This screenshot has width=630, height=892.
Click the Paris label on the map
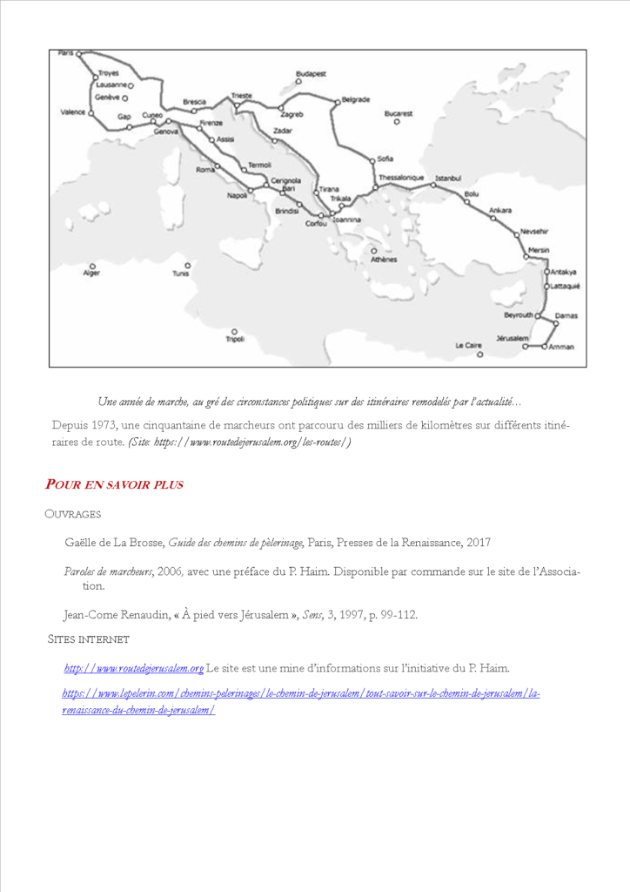click(66, 53)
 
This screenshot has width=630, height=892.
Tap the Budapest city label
click(311, 74)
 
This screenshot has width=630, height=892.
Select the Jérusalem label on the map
click(513, 337)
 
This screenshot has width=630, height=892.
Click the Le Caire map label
click(468, 345)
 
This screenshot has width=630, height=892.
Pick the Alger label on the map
click(91, 273)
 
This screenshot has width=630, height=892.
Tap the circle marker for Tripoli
click(234, 331)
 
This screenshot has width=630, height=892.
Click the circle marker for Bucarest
click(397, 122)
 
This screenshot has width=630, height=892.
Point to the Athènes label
click(384, 260)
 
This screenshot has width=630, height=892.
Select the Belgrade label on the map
click(356, 99)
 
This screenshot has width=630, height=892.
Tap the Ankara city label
click(500, 210)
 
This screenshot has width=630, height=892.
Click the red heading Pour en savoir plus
click(114, 484)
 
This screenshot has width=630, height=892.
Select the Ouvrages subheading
click(73, 514)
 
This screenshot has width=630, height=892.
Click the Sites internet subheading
click(89, 639)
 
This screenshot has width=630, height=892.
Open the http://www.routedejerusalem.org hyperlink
click(134, 668)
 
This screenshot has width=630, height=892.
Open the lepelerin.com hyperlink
click(301, 694)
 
